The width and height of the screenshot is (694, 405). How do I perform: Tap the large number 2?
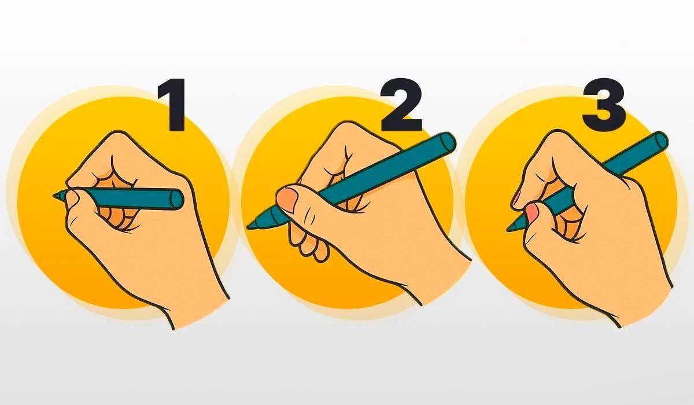coord(401,105)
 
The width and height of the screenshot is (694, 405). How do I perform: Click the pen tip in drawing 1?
coord(57,196)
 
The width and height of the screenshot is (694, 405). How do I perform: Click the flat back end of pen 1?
coord(178,198)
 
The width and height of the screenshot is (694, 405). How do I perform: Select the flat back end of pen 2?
coord(448,143)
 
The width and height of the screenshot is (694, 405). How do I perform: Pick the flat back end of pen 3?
coord(660,141)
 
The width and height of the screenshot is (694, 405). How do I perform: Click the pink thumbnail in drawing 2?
coord(287,200)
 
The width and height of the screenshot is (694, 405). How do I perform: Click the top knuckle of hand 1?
coord(116,137)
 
